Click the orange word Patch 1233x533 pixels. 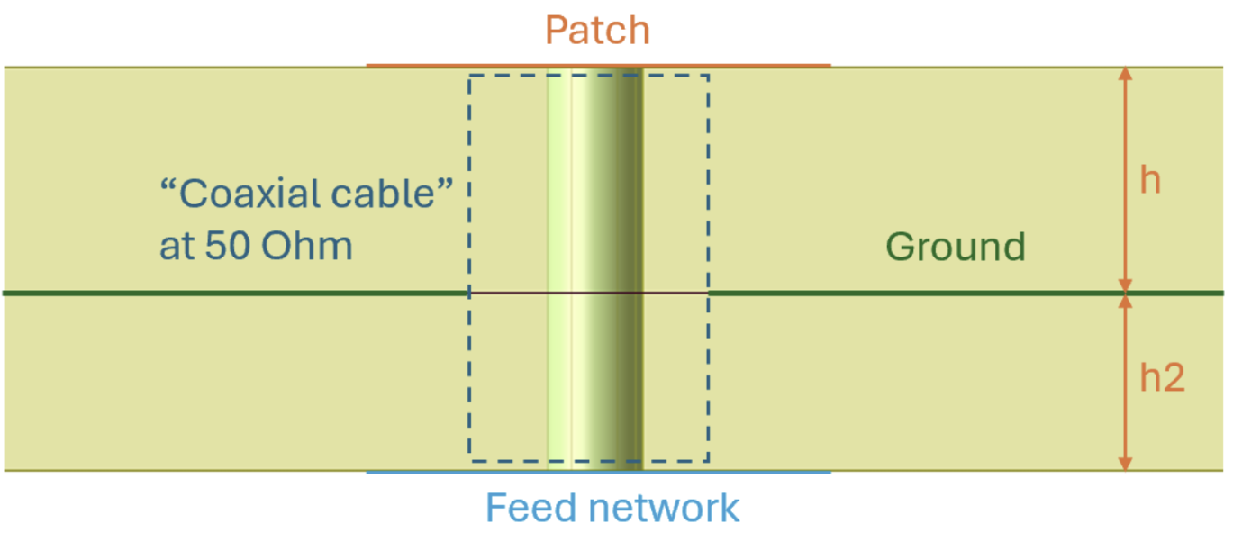(597, 32)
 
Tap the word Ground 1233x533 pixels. (956, 247)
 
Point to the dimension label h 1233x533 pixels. (1150, 180)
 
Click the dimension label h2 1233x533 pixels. (1162, 378)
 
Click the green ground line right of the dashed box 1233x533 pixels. (901, 293)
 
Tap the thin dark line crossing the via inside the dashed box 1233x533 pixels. (504, 293)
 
